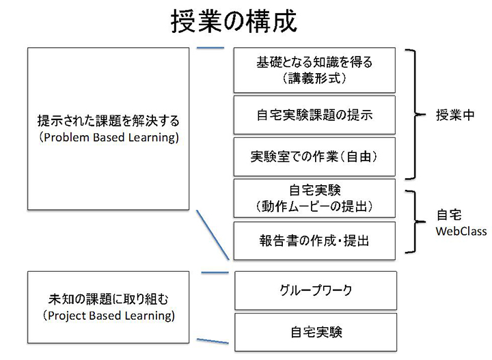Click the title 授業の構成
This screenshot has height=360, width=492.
(x=234, y=21)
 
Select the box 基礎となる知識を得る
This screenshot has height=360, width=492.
(x=314, y=70)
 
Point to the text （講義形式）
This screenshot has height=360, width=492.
(x=314, y=78)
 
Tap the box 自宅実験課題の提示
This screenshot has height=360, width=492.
(x=314, y=115)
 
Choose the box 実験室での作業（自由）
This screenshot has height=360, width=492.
(x=314, y=157)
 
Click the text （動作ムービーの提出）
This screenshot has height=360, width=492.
(x=314, y=207)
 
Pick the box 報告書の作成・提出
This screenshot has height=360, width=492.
(x=314, y=241)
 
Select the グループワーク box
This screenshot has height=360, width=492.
(x=316, y=291)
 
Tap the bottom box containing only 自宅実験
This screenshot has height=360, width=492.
(x=316, y=333)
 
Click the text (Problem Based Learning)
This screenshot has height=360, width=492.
(x=109, y=138)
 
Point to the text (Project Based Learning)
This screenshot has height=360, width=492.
(x=109, y=316)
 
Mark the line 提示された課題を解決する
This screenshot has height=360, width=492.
(x=109, y=121)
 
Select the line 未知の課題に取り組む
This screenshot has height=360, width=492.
(x=109, y=299)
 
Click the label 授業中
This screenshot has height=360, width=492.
(x=455, y=115)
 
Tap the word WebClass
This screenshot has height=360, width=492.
(x=461, y=232)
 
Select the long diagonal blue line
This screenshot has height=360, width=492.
(x=213, y=235)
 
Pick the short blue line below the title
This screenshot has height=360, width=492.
(x=210, y=48)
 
